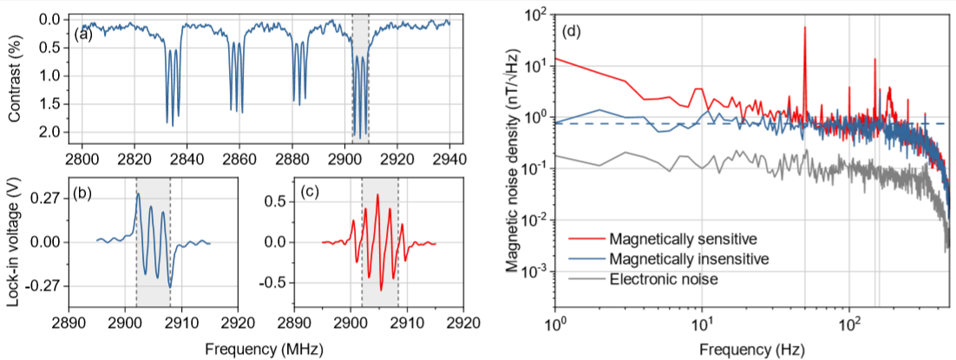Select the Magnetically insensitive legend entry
click(x=687, y=259)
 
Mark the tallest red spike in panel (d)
click(x=805, y=28)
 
